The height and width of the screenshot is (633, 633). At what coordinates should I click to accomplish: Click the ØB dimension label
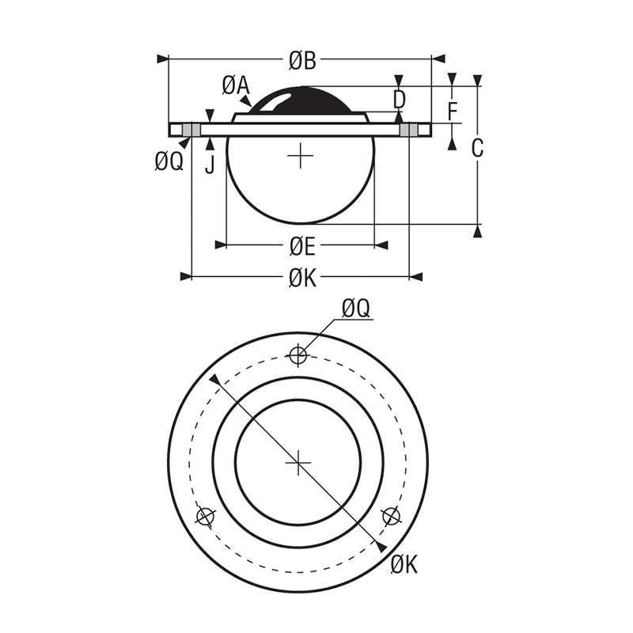click(302, 59)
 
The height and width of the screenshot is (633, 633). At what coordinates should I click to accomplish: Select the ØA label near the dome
click(235, 85)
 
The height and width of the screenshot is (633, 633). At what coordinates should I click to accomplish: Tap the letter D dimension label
click(400, 99)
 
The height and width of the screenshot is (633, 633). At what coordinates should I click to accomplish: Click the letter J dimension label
click(209, 164)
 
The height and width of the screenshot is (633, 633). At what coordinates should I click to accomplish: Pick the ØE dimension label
click(301, 248)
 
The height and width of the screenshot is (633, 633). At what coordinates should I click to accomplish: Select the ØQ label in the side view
click(169, 162)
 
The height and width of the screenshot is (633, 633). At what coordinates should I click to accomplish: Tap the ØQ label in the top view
click(356, 309)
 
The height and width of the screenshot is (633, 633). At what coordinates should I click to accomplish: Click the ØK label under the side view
click(302, 278)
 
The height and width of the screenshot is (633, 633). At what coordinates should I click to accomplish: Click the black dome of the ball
click(301, 101)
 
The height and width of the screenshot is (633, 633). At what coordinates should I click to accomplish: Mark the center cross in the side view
click(301, 157)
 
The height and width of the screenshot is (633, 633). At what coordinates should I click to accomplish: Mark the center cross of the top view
click(298, 461)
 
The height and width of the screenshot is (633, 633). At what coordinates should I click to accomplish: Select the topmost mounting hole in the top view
click(298, 355)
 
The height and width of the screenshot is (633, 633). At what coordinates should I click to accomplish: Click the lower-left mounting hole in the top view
click(206, 517)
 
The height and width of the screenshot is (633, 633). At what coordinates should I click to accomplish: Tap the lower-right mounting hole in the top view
click(389, 516)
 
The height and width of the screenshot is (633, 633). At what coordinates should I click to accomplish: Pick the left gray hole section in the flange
click(191, 129)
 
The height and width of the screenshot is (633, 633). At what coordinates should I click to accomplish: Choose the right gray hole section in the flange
click(409, 129)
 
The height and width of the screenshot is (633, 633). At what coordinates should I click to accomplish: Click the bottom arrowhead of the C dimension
click(477, 231)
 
